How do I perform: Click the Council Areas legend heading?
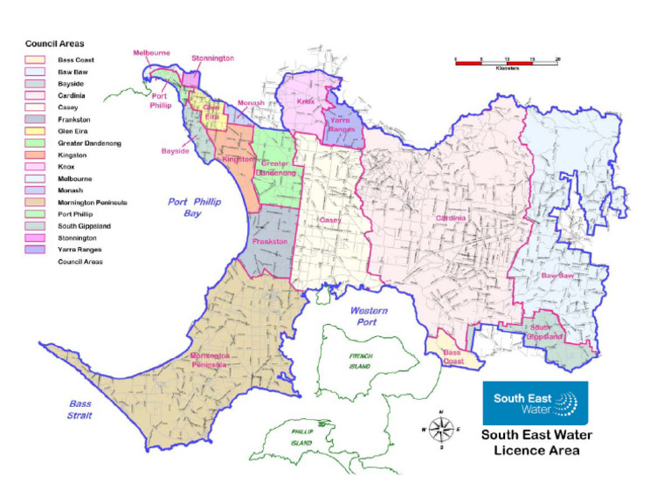54,43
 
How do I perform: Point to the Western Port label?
370,316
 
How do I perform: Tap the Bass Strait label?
81,410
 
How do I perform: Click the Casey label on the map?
330,220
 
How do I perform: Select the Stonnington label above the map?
213,59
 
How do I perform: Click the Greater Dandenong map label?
276,169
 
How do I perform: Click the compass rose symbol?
442,429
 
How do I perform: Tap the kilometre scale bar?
506,61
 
